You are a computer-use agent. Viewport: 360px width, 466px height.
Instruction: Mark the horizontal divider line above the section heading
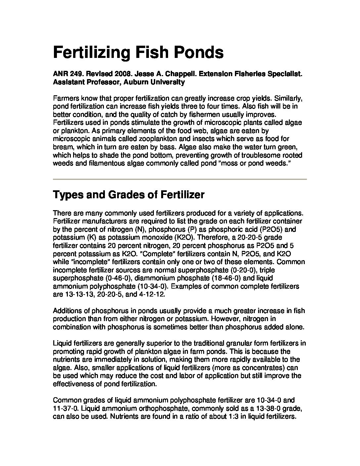click(x=180, y=179)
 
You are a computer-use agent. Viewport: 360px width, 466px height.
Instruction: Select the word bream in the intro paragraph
click(x=62, y=147)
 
